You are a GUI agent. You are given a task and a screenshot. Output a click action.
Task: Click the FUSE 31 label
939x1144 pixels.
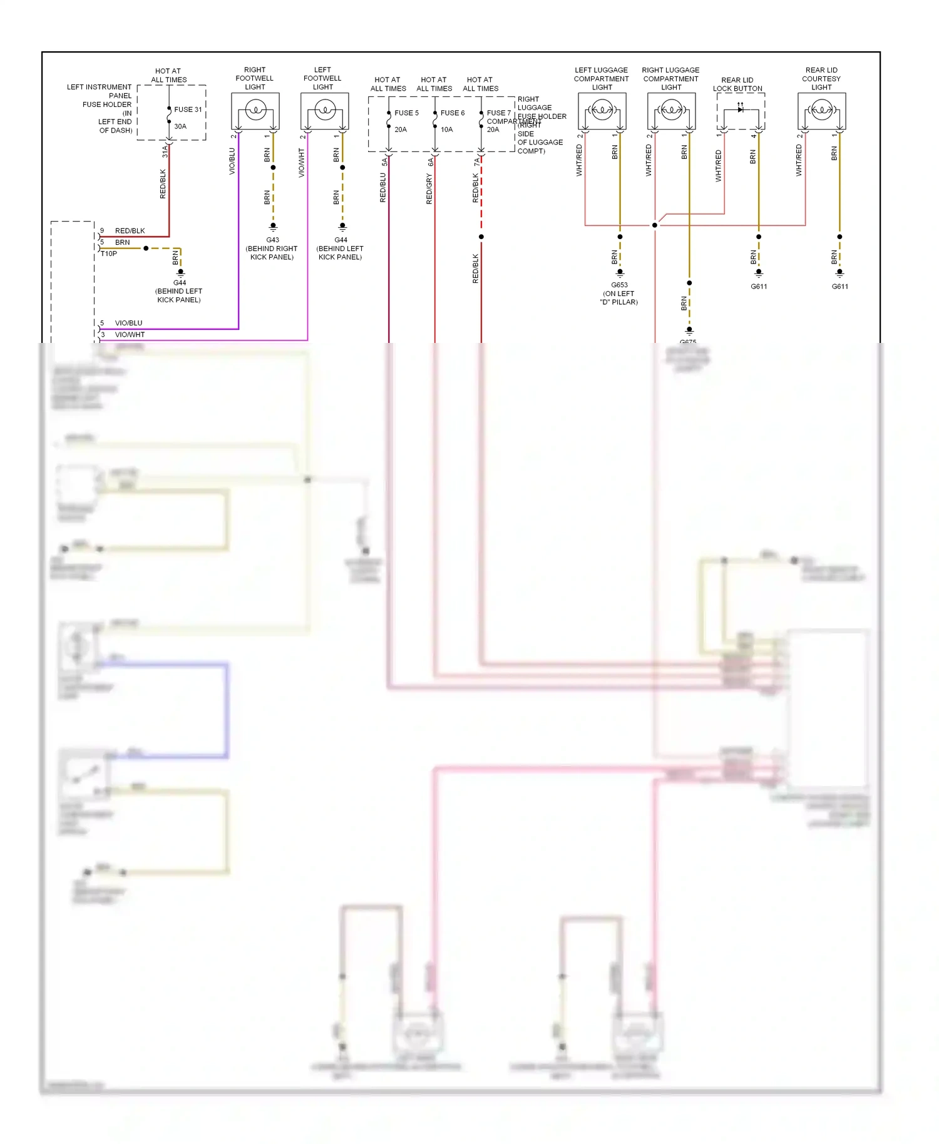click(x=188, y=110)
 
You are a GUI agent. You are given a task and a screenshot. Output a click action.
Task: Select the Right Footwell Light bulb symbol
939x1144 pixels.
click(x=255, y=111)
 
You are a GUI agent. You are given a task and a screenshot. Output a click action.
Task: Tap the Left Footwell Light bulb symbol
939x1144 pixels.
click(x=324, y=111)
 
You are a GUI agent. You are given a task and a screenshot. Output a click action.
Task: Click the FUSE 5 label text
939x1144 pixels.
click(x=406, y=113)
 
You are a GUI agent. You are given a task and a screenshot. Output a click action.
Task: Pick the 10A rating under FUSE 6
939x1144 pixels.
click(x=446, y=130)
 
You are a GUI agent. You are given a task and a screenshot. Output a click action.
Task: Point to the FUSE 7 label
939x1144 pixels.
click(x=498, y=113)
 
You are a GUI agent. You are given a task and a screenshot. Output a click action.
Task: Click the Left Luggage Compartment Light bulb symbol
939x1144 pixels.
click(x=602, y=111)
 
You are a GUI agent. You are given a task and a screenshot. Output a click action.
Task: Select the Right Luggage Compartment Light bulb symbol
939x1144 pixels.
click(x=671, y=111)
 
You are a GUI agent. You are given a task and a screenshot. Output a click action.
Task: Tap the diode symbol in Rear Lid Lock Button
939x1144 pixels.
click(x=741, y=110)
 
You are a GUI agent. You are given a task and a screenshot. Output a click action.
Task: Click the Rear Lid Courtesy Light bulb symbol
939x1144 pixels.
click(x=821, y=111)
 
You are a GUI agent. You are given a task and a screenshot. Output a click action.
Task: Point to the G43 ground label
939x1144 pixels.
click(x=272, y=240)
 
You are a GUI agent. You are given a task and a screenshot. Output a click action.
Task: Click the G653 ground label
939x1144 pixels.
click(x=619, y=285)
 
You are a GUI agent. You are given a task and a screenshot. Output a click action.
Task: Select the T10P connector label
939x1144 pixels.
click(x=109, y=253)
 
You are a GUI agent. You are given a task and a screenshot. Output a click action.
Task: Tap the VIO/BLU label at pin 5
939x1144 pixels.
click(x=128, y=323)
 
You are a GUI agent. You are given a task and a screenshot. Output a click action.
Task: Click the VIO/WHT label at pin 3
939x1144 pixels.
click(x=130, y=335)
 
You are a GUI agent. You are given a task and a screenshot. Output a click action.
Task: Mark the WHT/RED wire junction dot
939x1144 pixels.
click(x=655, y=225)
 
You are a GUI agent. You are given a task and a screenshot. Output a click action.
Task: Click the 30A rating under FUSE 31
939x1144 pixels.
click(x=180, y=126)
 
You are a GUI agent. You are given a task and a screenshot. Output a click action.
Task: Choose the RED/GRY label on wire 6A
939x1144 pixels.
click(x=429, y=189)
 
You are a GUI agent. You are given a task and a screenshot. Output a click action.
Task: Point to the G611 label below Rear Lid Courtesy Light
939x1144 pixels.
click(x=839, y=287)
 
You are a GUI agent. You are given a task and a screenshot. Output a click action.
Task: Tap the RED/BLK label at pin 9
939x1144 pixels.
click(x=130, y=231)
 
